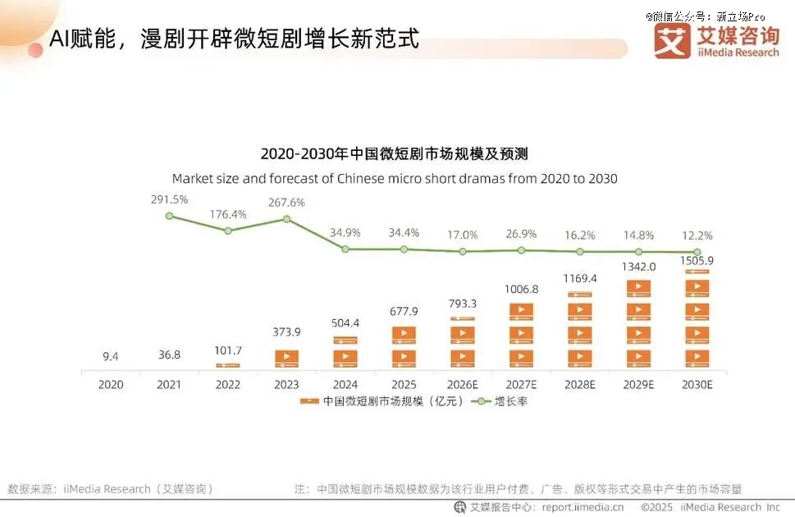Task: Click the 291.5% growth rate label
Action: [169, 199]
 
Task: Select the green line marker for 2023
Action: [286, 219]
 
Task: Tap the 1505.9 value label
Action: [697, 261]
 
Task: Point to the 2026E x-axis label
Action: [462, 384]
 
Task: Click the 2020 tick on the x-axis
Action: [111, 384]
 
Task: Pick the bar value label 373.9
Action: [286, 332]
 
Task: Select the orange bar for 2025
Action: [404, 346]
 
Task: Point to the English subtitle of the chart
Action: [394, 178]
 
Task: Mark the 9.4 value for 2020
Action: [111, 356]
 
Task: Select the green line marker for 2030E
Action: [697, 252]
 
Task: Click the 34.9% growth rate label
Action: [345, 234]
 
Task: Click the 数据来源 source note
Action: [111, 488]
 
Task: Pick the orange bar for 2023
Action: [286, 358]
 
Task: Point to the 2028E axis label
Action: [579, 384]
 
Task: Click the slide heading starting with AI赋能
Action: [234, 39]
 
